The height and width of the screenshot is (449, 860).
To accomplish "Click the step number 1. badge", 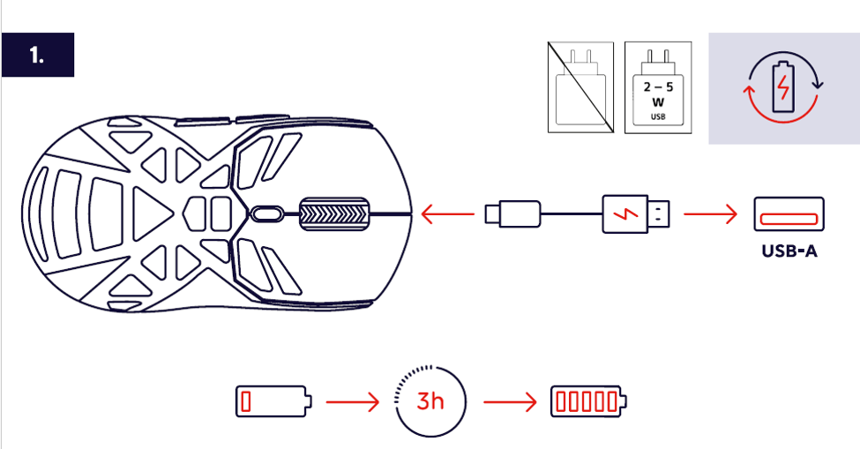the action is (x=38, y=55).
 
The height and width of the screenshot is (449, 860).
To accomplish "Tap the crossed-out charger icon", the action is (x=580, y=87).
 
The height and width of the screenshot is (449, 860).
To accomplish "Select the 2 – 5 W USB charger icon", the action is (x=658, y=87).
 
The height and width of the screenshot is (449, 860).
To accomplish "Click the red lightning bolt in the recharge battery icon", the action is (x=784, y=87).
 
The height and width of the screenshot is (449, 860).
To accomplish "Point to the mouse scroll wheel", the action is (x=334, y=213).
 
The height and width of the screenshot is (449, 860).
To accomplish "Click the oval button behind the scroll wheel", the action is (x=267, y=213).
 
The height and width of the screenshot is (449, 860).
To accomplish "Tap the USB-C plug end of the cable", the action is (x=512, y=213).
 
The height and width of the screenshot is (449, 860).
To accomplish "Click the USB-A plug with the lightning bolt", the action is (x=636, y=213).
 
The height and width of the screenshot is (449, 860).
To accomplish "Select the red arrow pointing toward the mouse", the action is (x=447, y=213).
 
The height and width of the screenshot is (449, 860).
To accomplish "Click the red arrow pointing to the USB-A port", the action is (x=711, y=213).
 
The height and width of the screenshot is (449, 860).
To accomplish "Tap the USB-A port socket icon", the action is (x=789, y=214).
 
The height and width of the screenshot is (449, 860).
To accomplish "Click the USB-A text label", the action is (x=789, y=251).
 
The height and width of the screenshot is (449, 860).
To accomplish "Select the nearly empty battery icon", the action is (x=274, y=401).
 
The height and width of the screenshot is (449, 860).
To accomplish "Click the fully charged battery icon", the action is (x=589, y=401).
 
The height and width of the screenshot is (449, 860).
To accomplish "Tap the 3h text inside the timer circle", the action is (x=430, y=401).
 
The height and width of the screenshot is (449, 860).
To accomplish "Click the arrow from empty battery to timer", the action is (x=353, y=402).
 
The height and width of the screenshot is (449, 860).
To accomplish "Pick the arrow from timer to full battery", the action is (x=510, y=402).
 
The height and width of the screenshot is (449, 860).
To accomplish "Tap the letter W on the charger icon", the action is (x=658, y=102).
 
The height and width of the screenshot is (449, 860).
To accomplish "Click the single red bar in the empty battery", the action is (x=246, y=401).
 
